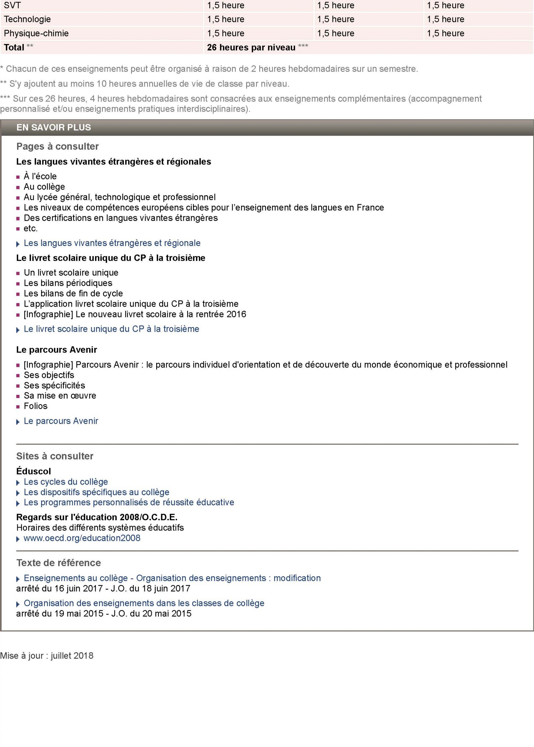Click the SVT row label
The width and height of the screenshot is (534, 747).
click(x=13, y=5)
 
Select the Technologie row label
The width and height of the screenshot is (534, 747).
click(x=27, y=19)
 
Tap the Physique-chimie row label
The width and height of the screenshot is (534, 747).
click(x=36, y=33)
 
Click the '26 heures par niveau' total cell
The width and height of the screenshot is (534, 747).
click(x=251, y=47)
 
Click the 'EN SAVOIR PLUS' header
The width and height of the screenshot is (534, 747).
click(x=54, y=128)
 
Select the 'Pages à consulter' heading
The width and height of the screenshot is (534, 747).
click(x=58, y=146)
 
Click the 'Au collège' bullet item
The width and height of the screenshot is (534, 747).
click(x=44, y=187)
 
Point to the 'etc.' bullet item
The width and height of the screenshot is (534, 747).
click(x=31, y=228)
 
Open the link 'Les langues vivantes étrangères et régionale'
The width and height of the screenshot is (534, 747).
click(x=112, y=243)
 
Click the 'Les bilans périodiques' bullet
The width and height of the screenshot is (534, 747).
click(x=68, y=283)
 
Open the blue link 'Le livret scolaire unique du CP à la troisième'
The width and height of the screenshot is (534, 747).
click(x=112, y=329)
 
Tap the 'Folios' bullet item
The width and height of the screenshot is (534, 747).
click(x=36, y=406)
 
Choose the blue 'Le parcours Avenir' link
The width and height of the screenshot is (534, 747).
click(x=61, y=421)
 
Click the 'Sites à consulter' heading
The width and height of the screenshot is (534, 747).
click(x=55, y=456)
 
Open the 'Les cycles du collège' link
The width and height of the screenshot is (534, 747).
click(x=66, y=482)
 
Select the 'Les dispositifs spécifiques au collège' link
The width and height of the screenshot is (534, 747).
click(x=96, y=492)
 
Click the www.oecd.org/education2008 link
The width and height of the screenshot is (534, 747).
click(x=82, y=538)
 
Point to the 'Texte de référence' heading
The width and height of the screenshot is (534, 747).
click(x=58, y=563)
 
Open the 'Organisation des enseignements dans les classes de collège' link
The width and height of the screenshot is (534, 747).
click(x=144, y=603)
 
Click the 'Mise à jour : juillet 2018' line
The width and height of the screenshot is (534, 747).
click(x=47, y=656)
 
